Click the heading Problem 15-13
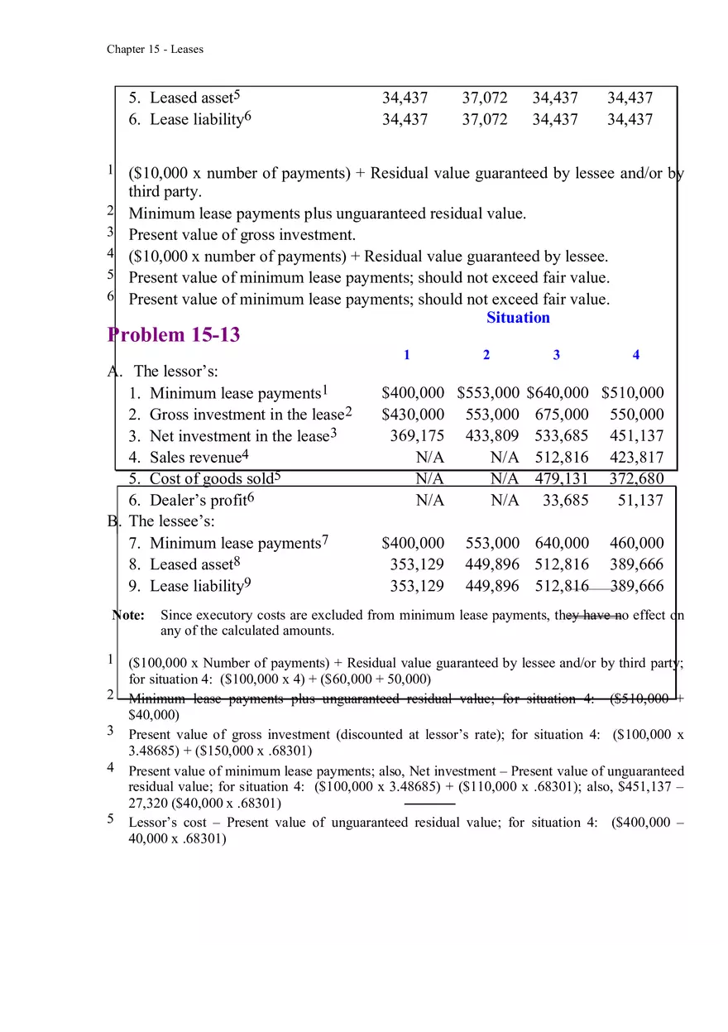(174, 334)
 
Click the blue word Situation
(518, 318)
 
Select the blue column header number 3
(556, 355)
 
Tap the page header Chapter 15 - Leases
(155, 49)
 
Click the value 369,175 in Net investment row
(417, 436)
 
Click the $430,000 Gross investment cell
(413, 415)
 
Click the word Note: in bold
(129, 615)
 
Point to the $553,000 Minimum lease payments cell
(488, 393)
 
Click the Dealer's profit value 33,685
(566, 500)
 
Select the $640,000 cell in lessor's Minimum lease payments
(558, 393)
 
